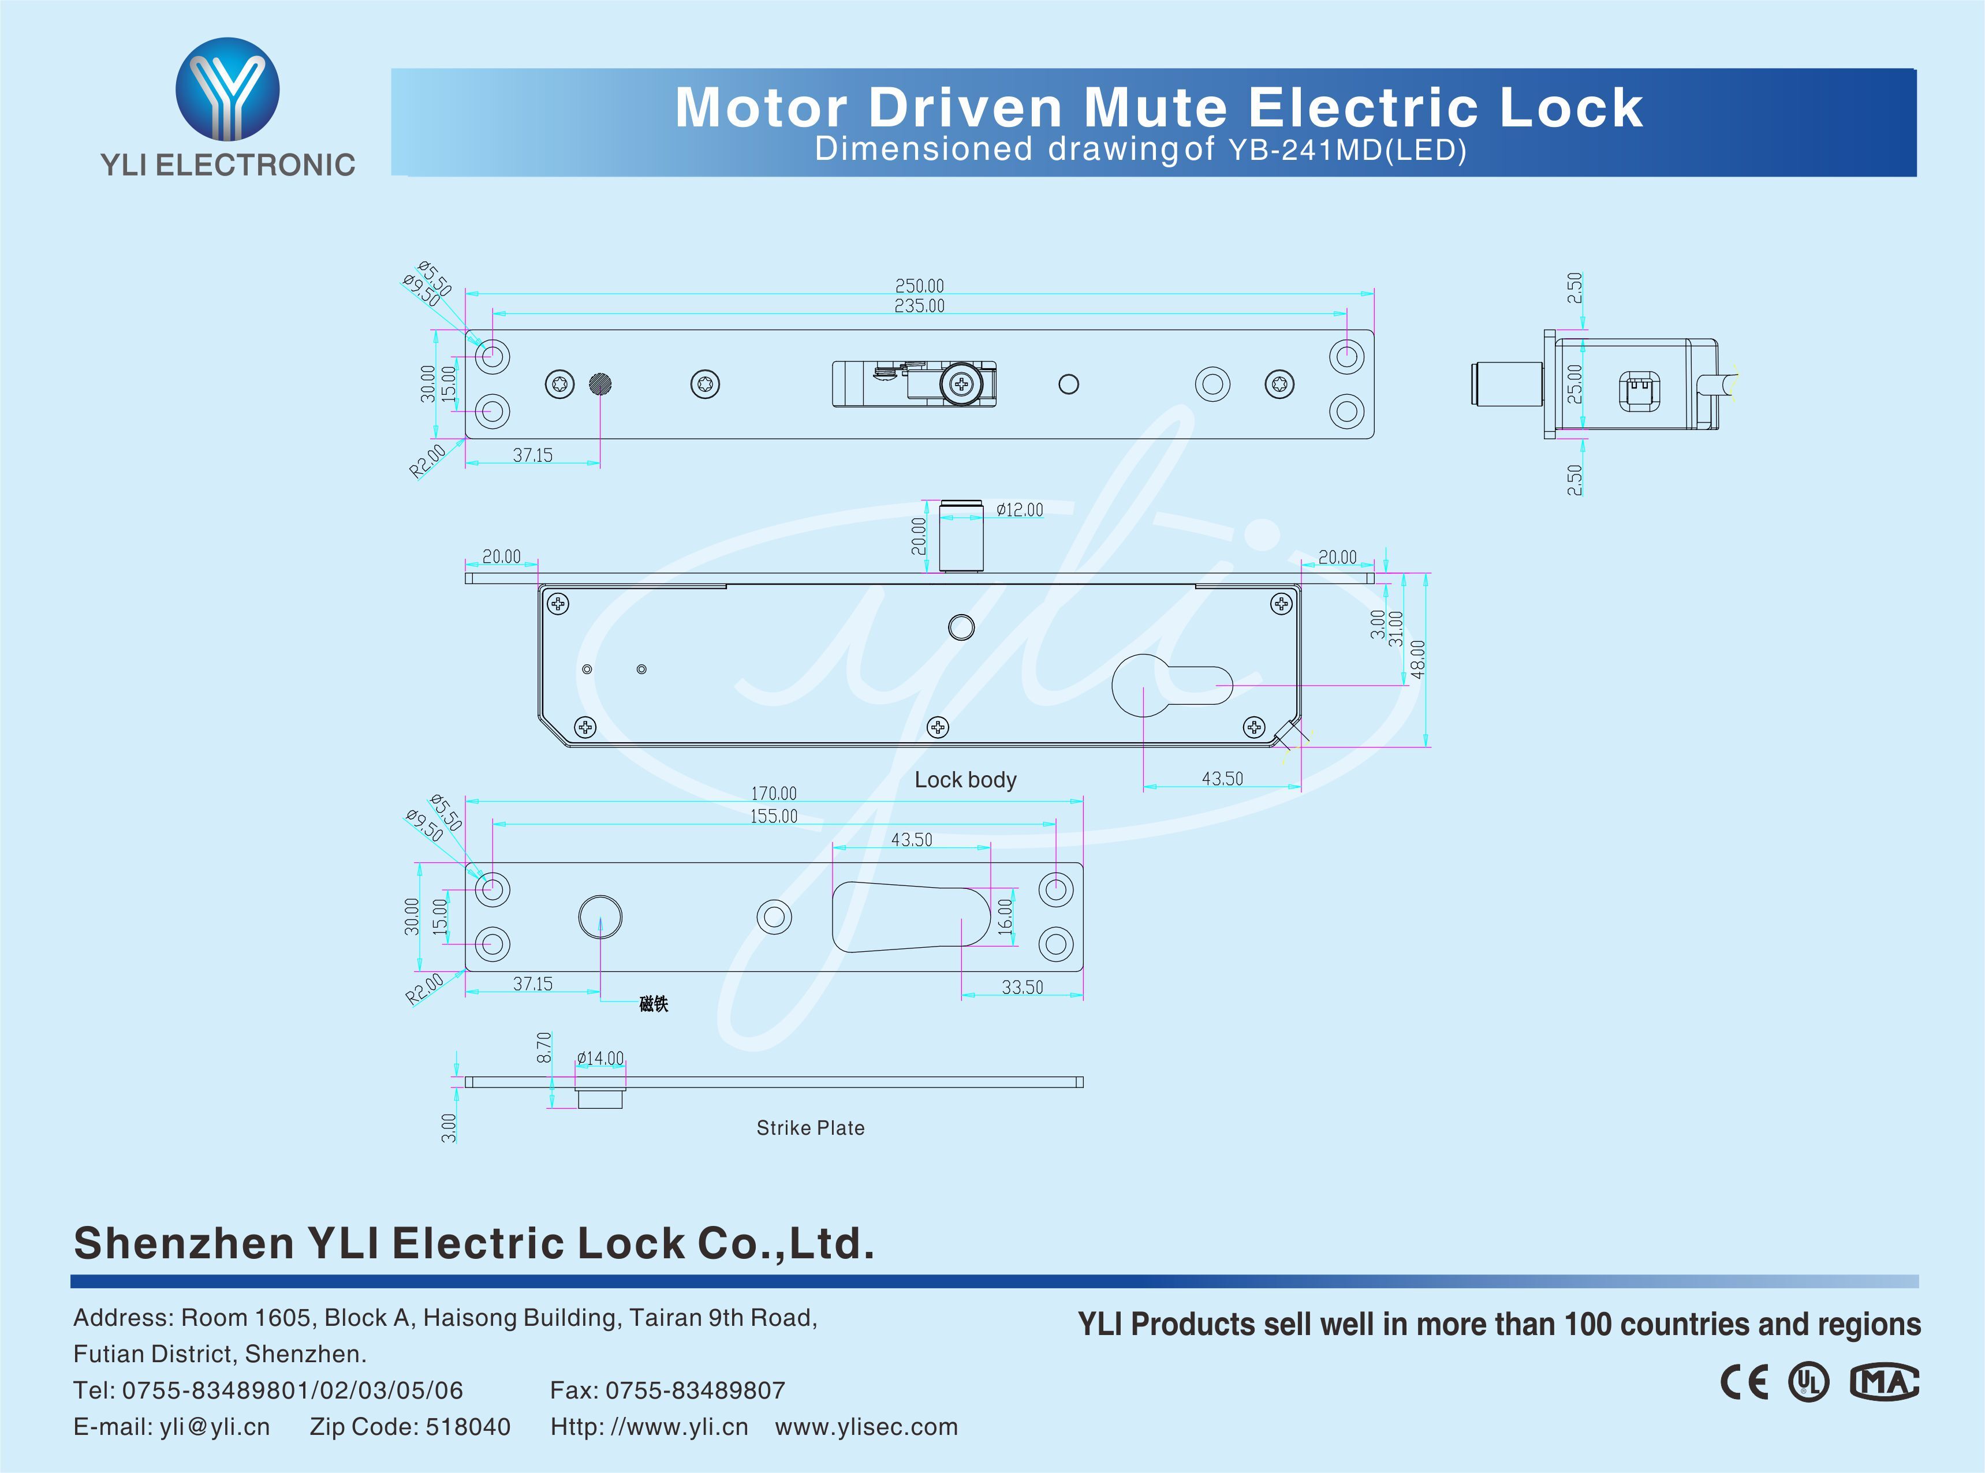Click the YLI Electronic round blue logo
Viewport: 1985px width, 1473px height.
click(x=227, y=88)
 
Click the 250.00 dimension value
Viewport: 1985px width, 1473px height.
click(x=919, y=285)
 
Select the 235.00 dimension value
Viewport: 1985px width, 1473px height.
click(x=919, y=306)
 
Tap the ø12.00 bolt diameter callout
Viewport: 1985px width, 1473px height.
click(x=1019, y=510)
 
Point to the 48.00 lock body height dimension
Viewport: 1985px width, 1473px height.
click(x=1418, y=659)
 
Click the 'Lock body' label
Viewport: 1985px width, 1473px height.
click(x=965, y=780)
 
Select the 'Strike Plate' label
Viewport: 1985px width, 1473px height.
click(x=809, y=1128)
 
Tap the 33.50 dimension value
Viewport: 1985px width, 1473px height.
click(x=1022, y=987)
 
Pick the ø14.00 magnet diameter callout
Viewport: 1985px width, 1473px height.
click(x=600, y=1059)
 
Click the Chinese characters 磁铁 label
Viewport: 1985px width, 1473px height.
click(x=654, y=1004)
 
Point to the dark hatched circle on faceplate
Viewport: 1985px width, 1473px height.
click(x=600, y=384)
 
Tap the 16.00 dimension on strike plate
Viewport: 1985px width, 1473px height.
click(x=1005, y=916)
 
